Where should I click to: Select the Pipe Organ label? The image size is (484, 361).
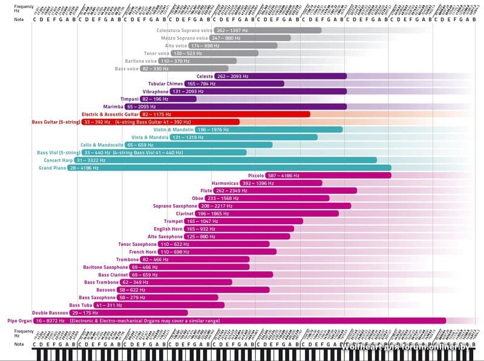pyautogui.click(x=19, y=320)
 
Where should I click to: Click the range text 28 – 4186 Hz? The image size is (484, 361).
pyautogui.click(x=84, y=168)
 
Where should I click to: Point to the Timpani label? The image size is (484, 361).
pyautogui.click(x=129, y=99)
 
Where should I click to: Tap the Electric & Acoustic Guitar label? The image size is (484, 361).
pyautogui.click(x=110, y=114)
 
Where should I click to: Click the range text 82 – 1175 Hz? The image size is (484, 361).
pyautogui.click(x=157, y=114)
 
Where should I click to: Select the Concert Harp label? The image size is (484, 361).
pyautogui.click(x=58, y=161)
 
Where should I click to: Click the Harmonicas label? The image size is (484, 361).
pyautogui.click(x=224, y=183)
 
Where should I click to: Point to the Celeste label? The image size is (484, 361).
pyautogui.click(x=205, y=76)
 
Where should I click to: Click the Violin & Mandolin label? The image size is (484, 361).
pyautogui.click(x=174, y=130)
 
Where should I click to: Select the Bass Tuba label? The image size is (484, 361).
pyautogui.click(x=80, y=305)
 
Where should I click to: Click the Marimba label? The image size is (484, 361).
pyautogui.click(x=113, y=107)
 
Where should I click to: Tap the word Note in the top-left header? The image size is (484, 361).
pyautogui.click(x=20, y=19)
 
